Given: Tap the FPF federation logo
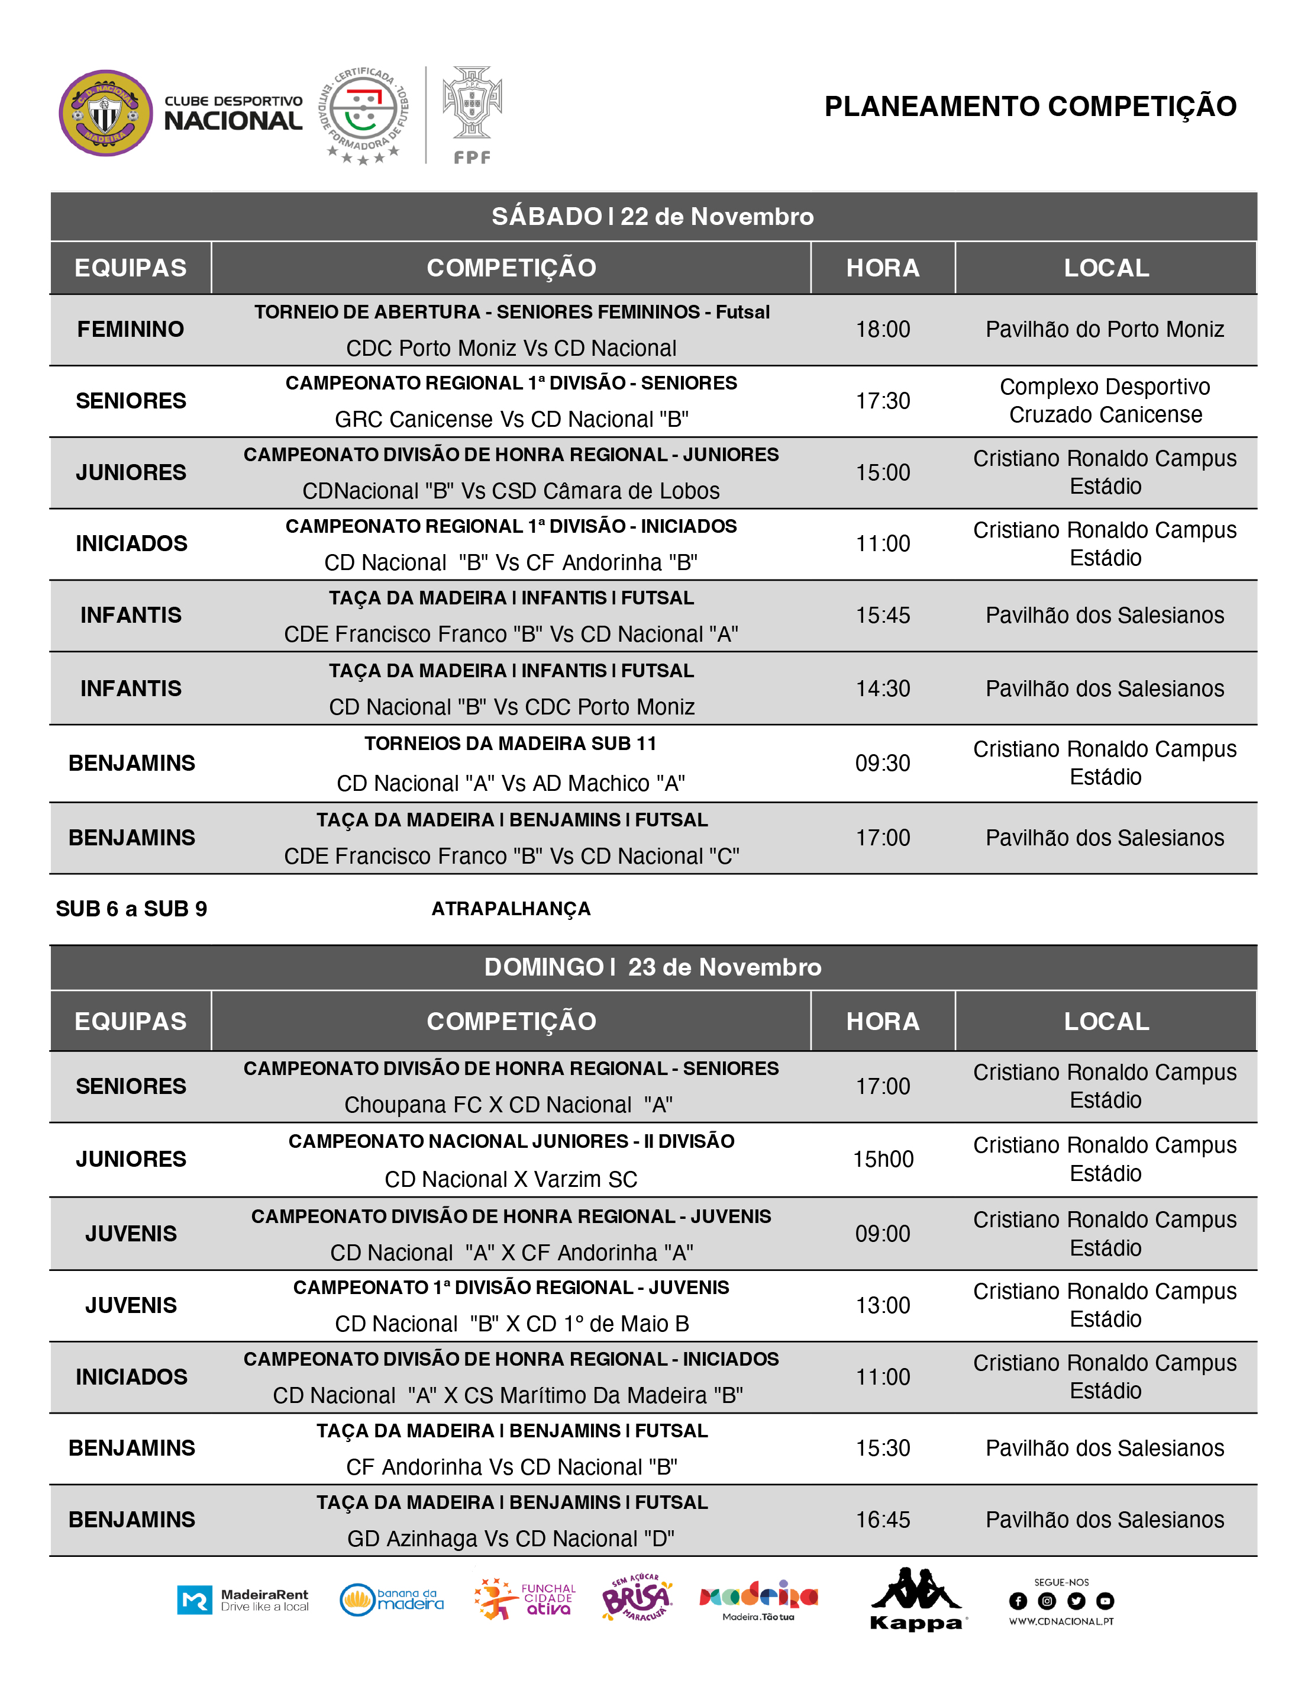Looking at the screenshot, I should click(472, 114).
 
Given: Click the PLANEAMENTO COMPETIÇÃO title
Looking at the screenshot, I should click(1030, 107).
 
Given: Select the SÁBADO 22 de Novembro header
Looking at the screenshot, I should click(653, 216).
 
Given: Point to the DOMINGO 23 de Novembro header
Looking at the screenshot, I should click(653, 967).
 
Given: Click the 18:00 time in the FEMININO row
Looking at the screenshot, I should click(883, 329).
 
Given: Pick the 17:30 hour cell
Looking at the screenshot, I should click(883, 401).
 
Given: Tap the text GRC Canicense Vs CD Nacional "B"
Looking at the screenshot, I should click(512, 419).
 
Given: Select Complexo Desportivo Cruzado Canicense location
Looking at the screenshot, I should click(1105, 401).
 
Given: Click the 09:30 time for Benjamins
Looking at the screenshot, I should click(883, 764).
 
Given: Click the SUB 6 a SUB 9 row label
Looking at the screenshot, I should click(131, 909).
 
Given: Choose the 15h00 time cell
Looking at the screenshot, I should click(883, 1160).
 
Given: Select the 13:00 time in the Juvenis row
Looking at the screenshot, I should click(883, 1305).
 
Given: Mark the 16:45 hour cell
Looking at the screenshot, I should click(883, 1520).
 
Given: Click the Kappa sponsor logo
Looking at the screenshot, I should click(916, 1601).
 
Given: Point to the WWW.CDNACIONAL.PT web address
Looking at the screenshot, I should click(1061, 1621).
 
